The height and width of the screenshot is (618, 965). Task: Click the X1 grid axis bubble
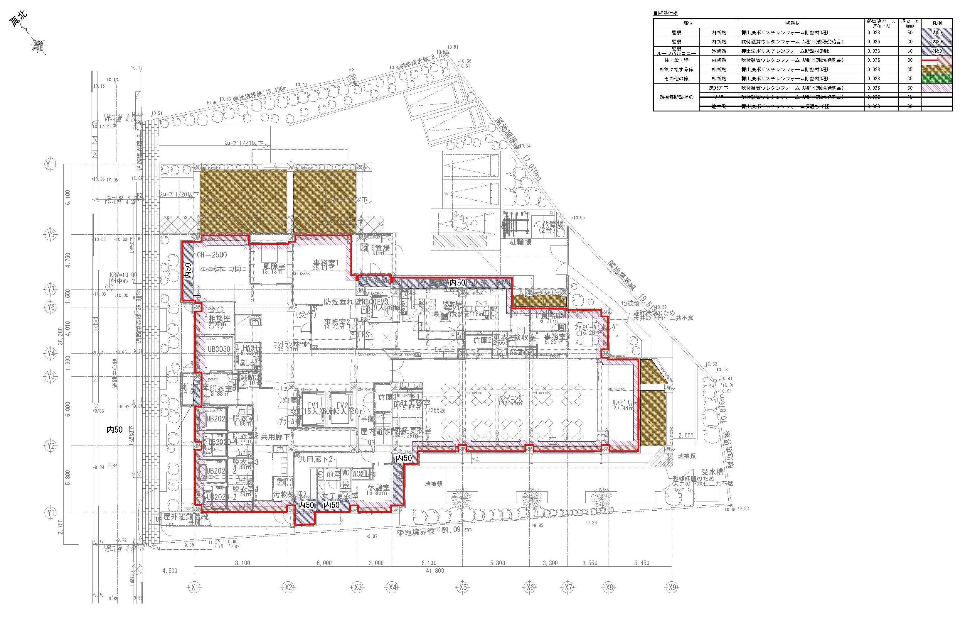[195, 587]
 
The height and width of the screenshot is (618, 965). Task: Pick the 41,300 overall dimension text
[435, 570]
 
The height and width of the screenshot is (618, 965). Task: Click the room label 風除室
[274, 266]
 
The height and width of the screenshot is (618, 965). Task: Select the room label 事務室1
[326, 263]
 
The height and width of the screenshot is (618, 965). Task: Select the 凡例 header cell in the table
[937, 23]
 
